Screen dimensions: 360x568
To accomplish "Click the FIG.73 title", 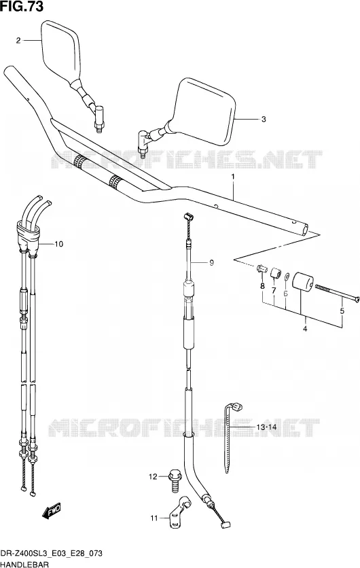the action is coord(22,6).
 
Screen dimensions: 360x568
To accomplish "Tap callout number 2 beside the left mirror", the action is coord(18,41).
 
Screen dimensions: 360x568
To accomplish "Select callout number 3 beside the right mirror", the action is coord(264,119).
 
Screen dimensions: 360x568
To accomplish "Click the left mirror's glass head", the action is coord(60,52).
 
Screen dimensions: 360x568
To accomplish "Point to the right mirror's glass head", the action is coord(204,111).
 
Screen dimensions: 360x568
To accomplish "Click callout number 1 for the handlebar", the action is coord(233,177).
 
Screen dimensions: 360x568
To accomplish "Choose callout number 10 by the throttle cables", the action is coord(58,244).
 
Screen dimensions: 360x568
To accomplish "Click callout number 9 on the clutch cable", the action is coord(211,263).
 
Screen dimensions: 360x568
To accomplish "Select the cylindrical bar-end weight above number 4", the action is coord(302,283).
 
